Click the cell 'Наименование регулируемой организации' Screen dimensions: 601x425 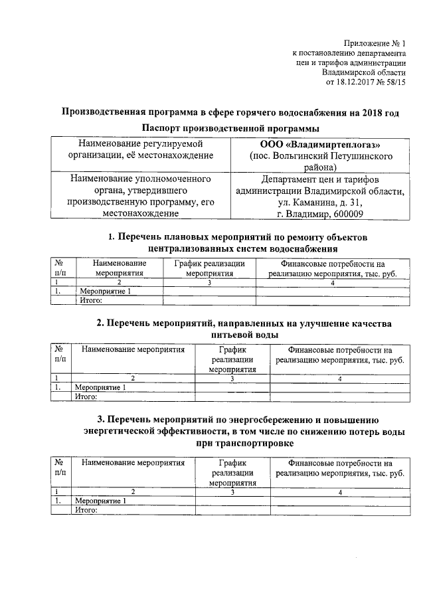[140, 149]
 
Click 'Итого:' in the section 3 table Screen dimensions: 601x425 [86, 510]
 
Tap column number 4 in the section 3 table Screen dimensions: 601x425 [339, 492]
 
